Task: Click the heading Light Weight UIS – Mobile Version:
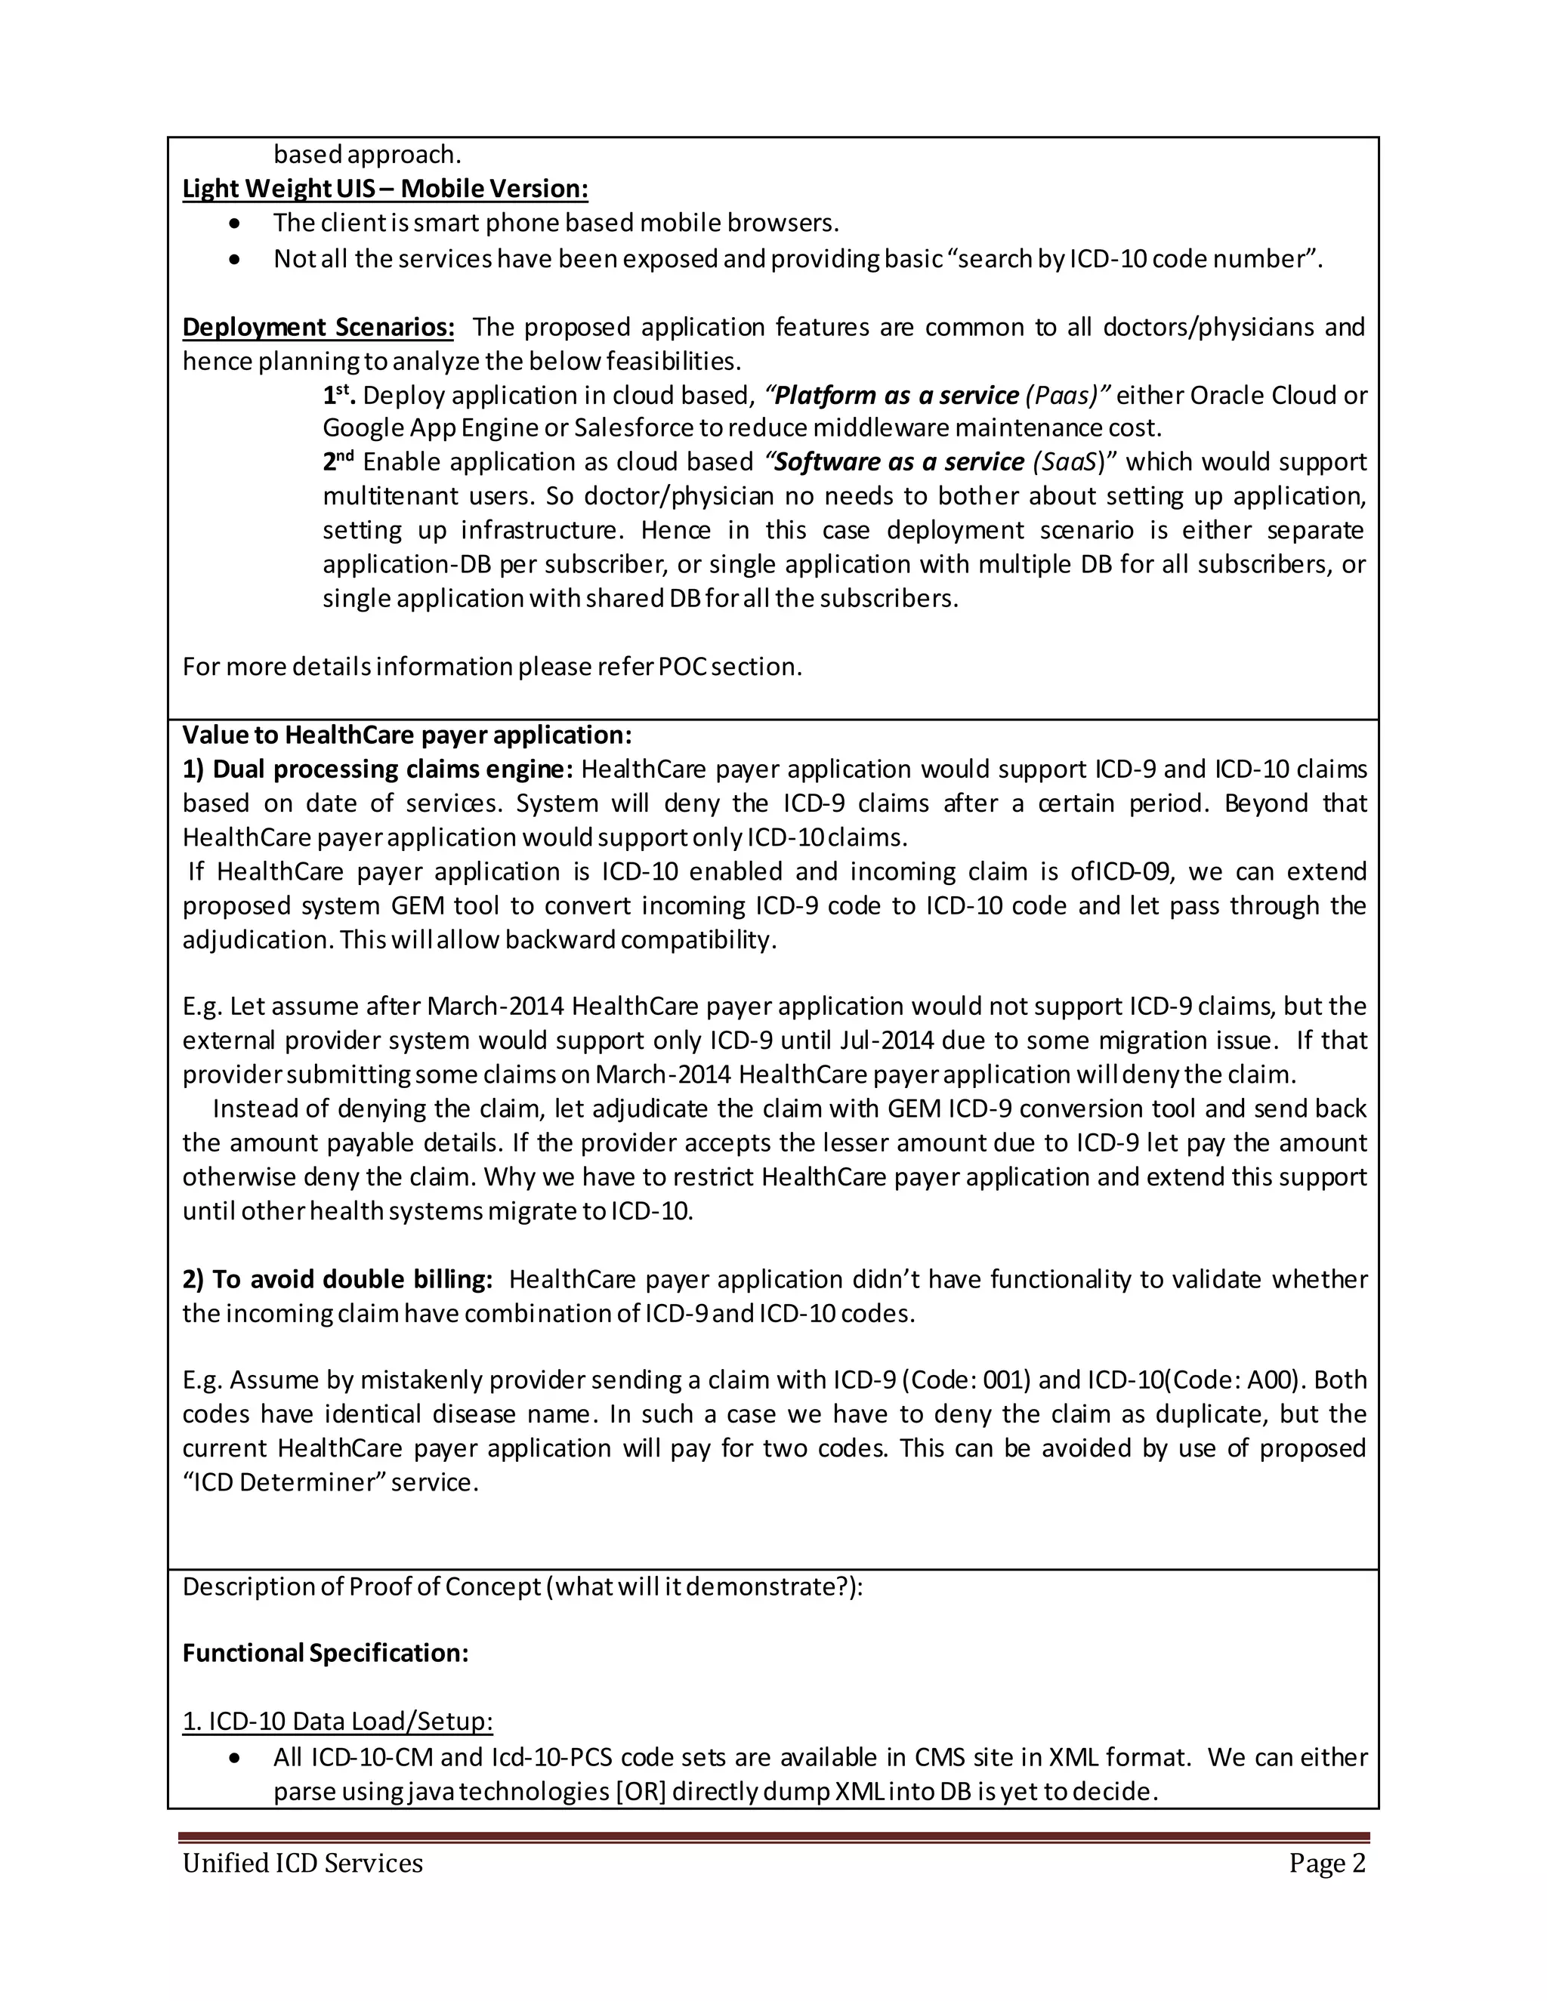[385, 189]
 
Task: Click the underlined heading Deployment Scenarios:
[318, 327]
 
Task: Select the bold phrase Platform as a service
[897, 396]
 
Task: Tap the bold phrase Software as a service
[899, 462]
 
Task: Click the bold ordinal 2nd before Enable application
[338, 460]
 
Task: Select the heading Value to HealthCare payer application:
[407, 735]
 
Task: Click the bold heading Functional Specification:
[326, 1653]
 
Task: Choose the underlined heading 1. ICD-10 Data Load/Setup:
[337, 1722]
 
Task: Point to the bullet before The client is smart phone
[236, 224]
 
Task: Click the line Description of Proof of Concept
[523, 1587]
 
